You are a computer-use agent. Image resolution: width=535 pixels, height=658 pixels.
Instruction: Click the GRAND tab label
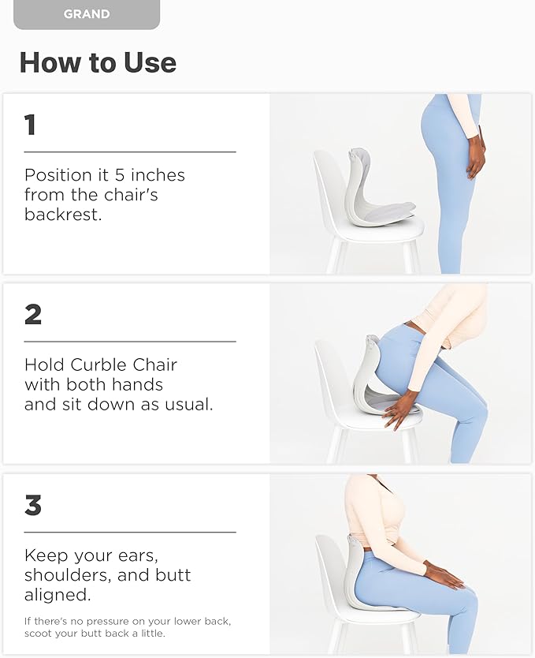pos(87,14)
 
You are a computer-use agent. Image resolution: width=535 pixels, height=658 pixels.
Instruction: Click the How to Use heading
pos(98,62)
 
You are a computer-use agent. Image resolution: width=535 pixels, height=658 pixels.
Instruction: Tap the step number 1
pos(30,125)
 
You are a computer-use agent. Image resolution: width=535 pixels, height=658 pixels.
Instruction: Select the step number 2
pos(32,314)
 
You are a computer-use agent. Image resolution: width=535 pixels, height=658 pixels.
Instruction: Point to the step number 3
pos(32,504)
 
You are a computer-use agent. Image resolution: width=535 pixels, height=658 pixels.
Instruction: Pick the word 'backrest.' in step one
pos(63,214)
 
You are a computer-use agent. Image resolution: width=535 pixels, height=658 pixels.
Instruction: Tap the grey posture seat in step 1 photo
pos(370,189)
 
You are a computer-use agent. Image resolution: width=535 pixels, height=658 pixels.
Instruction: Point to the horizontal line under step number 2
pos(130,342)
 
